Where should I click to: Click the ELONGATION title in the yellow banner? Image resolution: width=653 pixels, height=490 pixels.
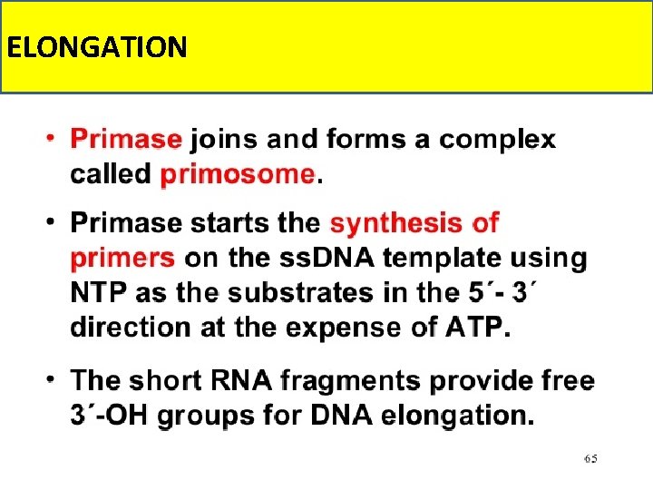click(x=96, y=46)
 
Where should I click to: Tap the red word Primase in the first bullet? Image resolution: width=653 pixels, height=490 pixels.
click(x=126, y=140)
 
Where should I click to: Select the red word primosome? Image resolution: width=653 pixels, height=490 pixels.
click(x=238, y=173)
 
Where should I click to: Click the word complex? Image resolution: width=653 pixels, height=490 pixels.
click(x=497, y=141)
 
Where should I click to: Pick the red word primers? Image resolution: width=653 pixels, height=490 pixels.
click(x=122, y=259)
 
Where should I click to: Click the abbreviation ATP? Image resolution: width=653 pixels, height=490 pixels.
click(x=473, y=327)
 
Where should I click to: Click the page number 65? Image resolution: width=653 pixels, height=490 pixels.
click(x=590, y=459)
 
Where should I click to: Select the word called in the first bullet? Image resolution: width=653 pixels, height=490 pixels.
click(x=111, y=173)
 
